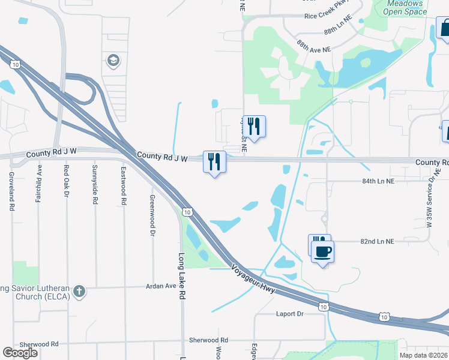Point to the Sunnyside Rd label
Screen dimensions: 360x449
point(95,184)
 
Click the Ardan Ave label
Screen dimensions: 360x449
point(161,286)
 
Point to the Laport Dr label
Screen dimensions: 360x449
point(291,314)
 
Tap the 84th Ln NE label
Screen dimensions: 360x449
point(377,181)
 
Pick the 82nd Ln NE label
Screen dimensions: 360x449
point(377,241)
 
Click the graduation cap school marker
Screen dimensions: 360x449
point(112,60)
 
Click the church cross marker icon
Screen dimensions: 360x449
point(79,292)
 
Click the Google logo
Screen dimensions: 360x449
point(20,353)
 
